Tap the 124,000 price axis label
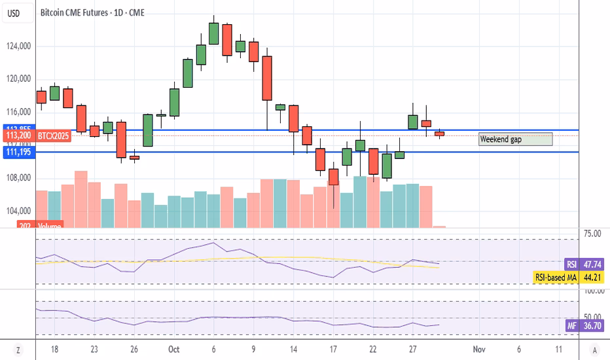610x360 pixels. pos(18,46)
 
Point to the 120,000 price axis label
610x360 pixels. pos(18,79)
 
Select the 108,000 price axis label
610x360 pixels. pos(18,178)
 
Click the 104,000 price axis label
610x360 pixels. pos(18,211)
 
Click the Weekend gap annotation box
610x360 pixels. pos(515,139)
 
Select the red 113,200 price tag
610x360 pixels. pos(17,135)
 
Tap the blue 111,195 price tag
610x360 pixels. pos(17,152)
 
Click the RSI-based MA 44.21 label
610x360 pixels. pos(566,277)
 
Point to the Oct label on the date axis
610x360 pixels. pos(173,350)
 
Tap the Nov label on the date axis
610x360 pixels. pos(478,350)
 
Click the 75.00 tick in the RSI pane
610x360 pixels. pos(593,233)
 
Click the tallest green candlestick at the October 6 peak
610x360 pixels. pos(213,33)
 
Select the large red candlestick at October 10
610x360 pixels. pos(267,78)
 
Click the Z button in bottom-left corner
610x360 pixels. pos(18,350)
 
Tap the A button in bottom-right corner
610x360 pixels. pos(594,350)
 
